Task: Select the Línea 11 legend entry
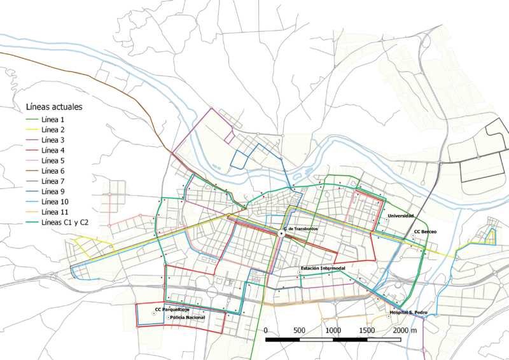[x=54, y=212]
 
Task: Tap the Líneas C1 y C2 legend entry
[x=65, y=222]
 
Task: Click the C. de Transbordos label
[x=300, y=228]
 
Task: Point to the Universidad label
[x=400, y=217]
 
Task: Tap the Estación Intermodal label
[x=323, y=269]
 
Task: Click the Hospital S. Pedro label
[x=408, y=313]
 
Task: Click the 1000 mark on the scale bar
[x=332, y=331]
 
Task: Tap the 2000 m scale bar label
[x=405, y=331]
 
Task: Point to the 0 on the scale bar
[x=265, y=331]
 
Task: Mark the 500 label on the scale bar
[x=299, y=331]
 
